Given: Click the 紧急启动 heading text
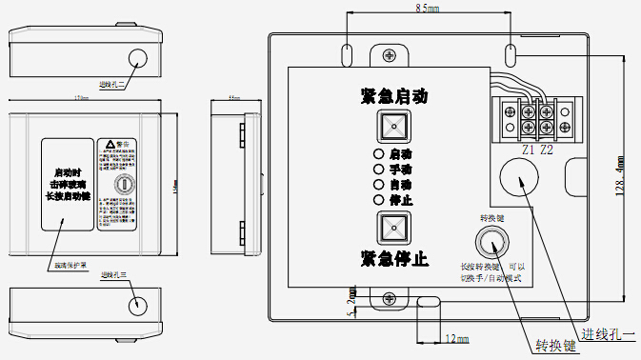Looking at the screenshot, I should click(x=393, y=96).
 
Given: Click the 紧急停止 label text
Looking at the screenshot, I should click(x=393, y=258).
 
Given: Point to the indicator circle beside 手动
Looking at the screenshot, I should click(x=378, y=169).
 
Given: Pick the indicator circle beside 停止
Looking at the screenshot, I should click(x=378, y=200).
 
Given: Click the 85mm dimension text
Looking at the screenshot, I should click(x=427, y=9).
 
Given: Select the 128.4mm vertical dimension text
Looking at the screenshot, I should click(x=620, y=177).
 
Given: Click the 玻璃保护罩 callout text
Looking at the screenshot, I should click(x=70, y=266).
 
